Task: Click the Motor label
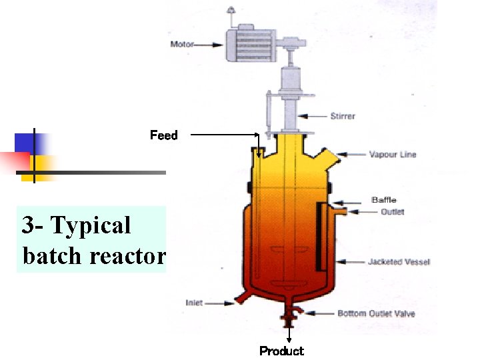coord(182,45)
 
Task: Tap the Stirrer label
coord(343,116)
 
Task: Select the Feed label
coord(163,135)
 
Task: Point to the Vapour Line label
coord(393,155)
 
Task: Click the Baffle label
coord(383,200)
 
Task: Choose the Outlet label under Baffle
coord(392,212)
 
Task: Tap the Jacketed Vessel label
coord(399,262)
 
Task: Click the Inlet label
coord(193,303)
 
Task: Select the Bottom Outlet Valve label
coord(375,313)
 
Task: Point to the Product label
coord(281,351)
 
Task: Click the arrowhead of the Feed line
coord(259,154)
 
